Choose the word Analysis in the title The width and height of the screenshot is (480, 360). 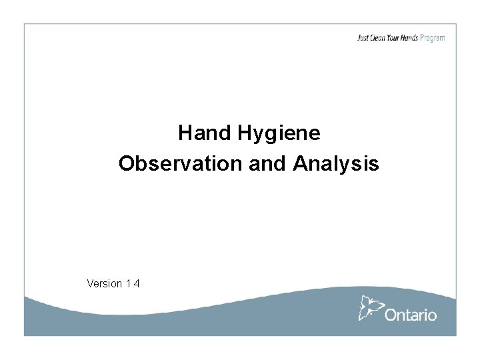pos(335,163)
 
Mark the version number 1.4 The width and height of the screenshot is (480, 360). pos(132,283)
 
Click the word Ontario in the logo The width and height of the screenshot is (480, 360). pos(411,315)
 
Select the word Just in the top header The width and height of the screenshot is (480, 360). pos(363,38)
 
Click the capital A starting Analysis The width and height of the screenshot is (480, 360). pos(298,163)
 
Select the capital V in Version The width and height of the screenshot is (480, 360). pos(90,283)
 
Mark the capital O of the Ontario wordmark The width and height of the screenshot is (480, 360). pos(391,315)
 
